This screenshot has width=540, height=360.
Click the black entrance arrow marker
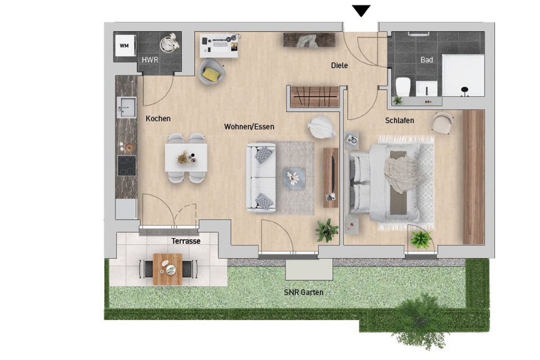(361, 10)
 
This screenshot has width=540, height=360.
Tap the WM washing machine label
(124, 46)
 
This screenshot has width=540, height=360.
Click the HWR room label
(150, 60)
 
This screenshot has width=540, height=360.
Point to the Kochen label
(158, 118)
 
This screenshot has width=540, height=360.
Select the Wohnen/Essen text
(249, 126)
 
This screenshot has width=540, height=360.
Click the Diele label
(339, 65)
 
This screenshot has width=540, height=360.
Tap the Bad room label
(427, 60)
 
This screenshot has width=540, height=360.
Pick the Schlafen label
(399, 120)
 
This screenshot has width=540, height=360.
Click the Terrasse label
(185, 241)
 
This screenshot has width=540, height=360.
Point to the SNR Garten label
(303, 292)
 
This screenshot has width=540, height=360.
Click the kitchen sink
(126, 107)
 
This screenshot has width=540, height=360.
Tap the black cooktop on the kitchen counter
(126, 166)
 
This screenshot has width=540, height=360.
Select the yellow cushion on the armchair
(211, 74)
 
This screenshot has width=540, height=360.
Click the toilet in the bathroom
(403, 87)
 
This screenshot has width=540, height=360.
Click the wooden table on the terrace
(167, 269)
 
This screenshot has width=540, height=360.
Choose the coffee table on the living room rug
(294, 179)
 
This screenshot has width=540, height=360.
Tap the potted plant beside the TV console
(327, 230)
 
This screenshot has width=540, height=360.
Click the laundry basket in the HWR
(170, 43)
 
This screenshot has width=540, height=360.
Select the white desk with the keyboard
(219, 45)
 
